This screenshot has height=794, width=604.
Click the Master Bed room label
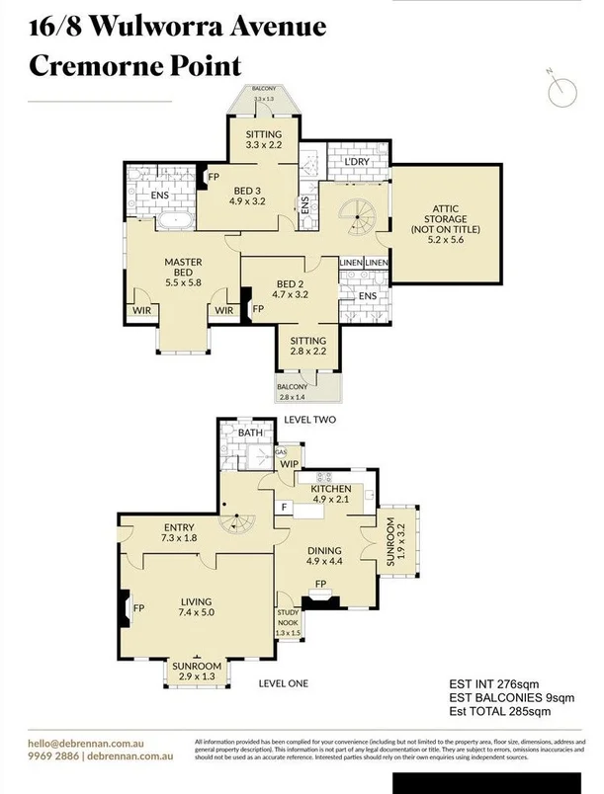click(183, 270)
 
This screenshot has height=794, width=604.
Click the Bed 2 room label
click(291, 286)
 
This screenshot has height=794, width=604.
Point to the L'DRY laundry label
click(357, 162)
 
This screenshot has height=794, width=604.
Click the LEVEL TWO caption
click(309, 420)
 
